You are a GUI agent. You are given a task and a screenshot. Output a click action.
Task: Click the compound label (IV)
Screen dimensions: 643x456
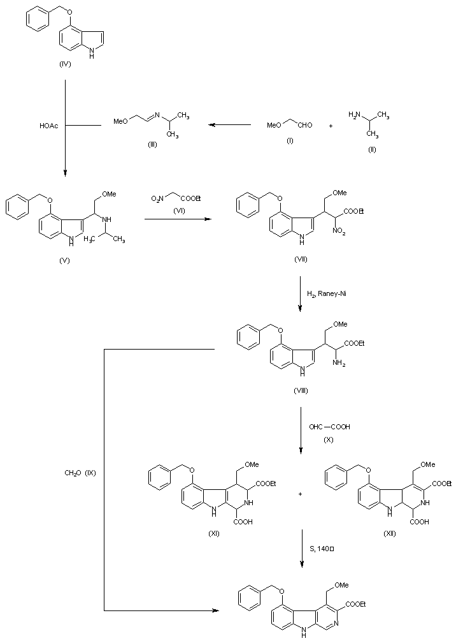(x=66, y=65)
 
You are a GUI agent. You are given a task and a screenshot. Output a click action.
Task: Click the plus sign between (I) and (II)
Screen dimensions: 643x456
(x=331, y=126)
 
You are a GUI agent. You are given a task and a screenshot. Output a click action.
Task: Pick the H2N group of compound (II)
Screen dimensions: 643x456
(x=355, y=115)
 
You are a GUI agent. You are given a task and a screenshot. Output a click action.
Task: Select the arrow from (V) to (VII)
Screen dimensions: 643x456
(x=177, y=219)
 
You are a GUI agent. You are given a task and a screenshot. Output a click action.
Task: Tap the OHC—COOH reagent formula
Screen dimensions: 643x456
(x=330, y=427)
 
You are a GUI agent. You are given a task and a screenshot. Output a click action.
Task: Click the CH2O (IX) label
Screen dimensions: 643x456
(x=80, y=473)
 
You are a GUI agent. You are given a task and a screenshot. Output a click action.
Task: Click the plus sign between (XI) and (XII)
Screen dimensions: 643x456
(x=300, y=494)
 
